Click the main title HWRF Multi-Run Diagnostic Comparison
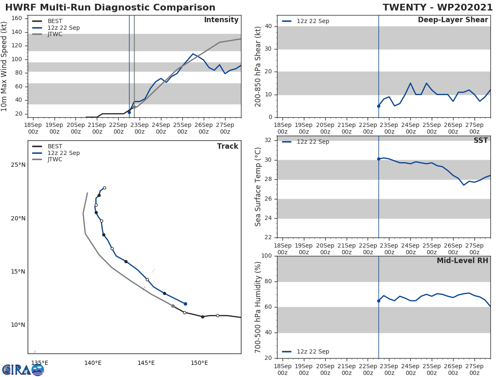[110, 8]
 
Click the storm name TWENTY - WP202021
[438, 8]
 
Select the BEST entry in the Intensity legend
[55, 21]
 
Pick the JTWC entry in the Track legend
[55, 160]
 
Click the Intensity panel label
[221, 20]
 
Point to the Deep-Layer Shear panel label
[453, 20]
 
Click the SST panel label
[480, 141]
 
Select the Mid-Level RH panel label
[462, 261]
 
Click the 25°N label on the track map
[18, 165]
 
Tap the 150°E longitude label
[199, 363]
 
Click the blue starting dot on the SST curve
[379, 159]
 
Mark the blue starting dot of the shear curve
[379, 106]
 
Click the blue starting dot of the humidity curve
[379, 301]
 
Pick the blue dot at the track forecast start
[185, 304]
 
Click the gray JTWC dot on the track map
[173, 306]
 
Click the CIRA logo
[23, 370]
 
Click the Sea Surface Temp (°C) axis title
[258, 186]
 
